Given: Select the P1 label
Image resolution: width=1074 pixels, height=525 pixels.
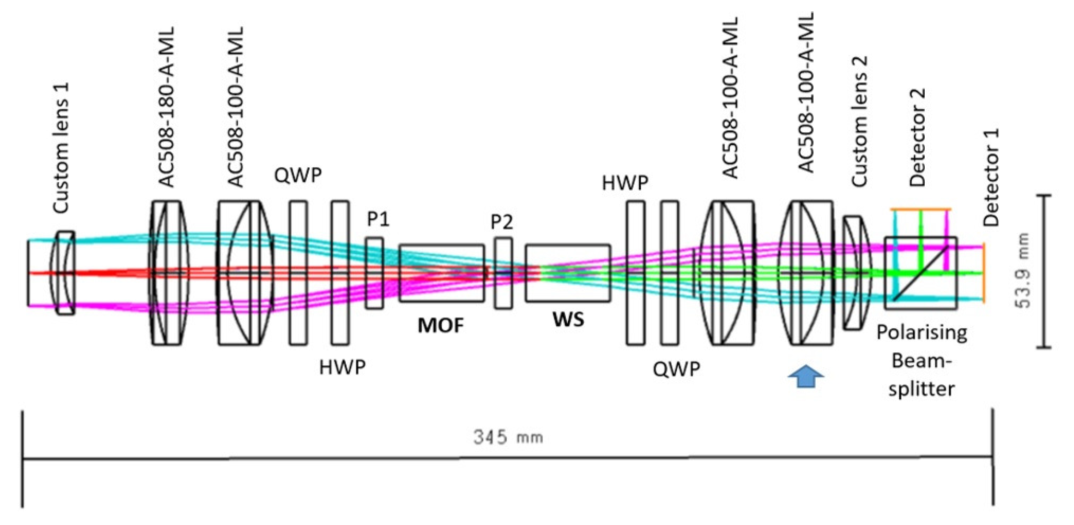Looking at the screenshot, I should click(378, 219).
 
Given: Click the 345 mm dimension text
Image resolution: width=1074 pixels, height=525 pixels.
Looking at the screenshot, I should click(508, 437).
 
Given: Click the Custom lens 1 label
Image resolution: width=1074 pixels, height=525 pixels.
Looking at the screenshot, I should click(61, 148).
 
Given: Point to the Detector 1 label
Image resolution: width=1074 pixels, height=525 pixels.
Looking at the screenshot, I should click(991, 177).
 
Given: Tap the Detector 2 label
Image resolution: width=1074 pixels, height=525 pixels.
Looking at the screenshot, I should click(917, 138).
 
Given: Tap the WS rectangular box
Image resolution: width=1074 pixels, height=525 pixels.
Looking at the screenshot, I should click(567, 273).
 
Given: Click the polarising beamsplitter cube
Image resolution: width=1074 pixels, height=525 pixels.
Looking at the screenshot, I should click(921, 273).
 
